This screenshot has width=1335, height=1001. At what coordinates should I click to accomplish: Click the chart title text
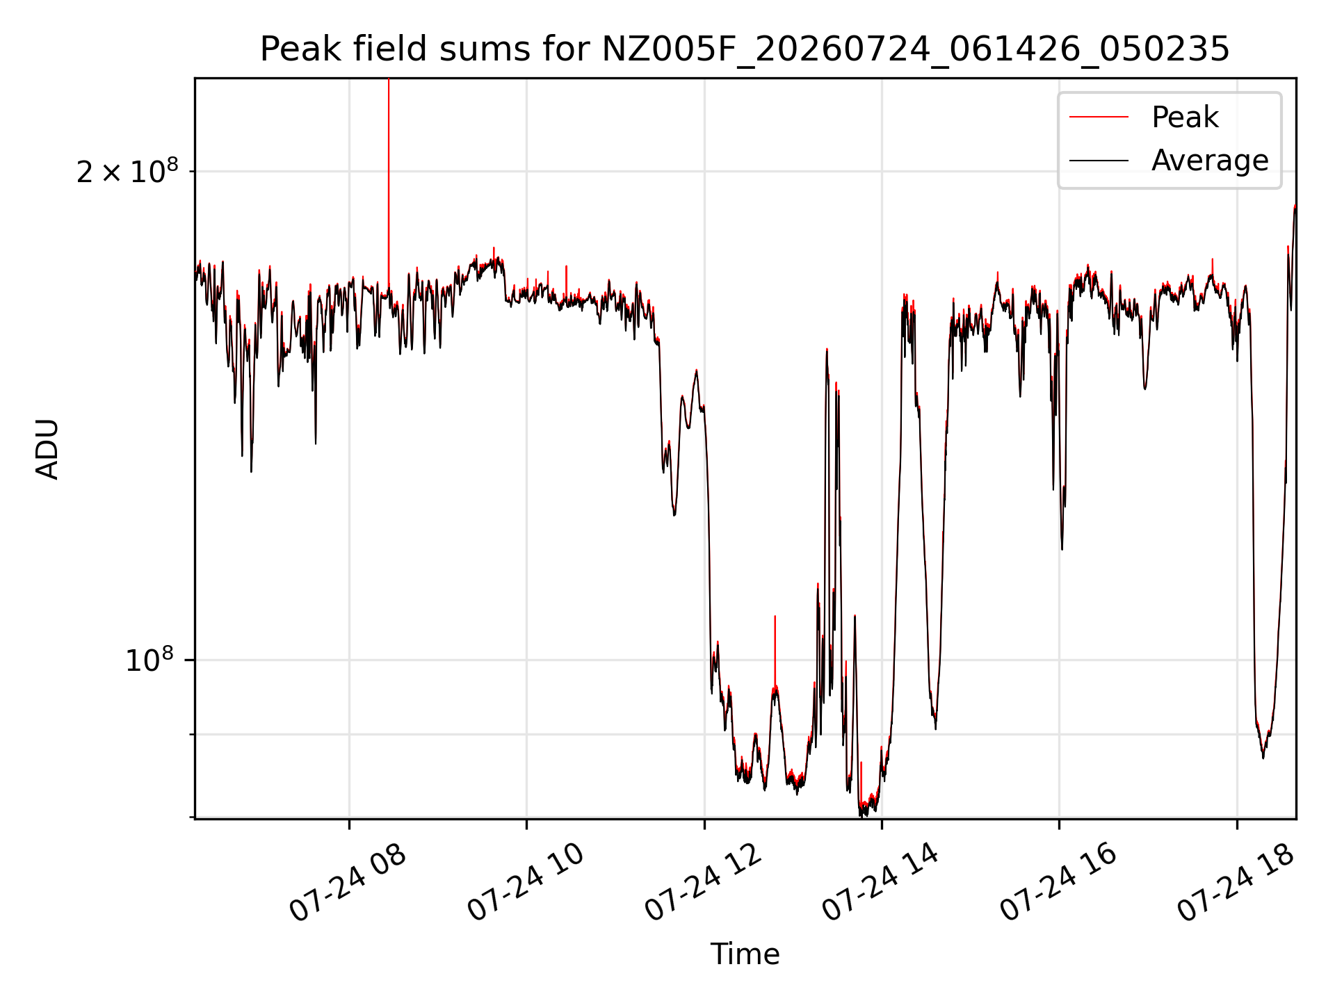point(745,49)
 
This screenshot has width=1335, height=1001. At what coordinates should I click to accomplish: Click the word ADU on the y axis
point(47,449)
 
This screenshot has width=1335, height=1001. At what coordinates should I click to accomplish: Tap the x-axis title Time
point(745,954)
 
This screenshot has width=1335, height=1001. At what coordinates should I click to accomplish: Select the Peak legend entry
point(1185,117)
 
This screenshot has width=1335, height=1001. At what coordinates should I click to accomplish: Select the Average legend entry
point(1210,161)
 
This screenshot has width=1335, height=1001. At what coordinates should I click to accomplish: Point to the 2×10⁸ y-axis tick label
point(127,171)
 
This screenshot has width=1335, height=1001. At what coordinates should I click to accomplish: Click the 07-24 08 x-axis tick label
point(348,883)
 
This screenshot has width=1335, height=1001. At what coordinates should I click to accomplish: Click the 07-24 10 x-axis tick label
point(526,883)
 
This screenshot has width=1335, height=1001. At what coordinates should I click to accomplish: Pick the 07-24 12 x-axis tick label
point(704,883)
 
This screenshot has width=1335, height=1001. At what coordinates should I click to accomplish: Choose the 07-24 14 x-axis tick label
point(881,883)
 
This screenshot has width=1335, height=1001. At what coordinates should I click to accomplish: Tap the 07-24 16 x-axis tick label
point(1058,883)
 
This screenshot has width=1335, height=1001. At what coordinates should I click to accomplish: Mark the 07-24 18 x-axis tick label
point(1236,883)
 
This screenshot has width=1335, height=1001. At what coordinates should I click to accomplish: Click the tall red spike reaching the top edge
point(389,184)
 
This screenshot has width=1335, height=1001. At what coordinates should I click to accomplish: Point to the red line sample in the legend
point(1099,117)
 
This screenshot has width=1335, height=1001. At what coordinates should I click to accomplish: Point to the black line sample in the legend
point(1099,161)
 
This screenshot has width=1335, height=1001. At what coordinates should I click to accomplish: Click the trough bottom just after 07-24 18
point(1263,756)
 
